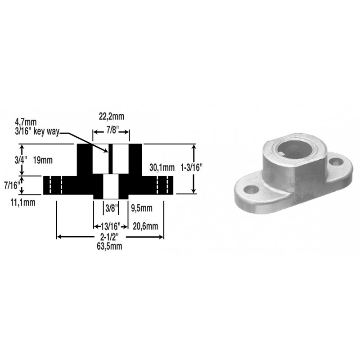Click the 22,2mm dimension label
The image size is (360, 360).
pyautogui.click(x=112, y=117)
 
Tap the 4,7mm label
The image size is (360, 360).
pyautogui.click(x=26, y=122)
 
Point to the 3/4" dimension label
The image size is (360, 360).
pyautogui.click(x=21, y=160)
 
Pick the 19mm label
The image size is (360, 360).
pyautogui.click(x=43, y=160)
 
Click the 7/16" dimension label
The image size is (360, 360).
pyautogui.click(x=11, y=185)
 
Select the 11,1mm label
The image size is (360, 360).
pyautogui.click(x=23, y=202)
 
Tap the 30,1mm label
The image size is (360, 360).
pyautogui.click(x=162, y=167)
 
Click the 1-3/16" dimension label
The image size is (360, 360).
pyautogui.click(x=192, y=167)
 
